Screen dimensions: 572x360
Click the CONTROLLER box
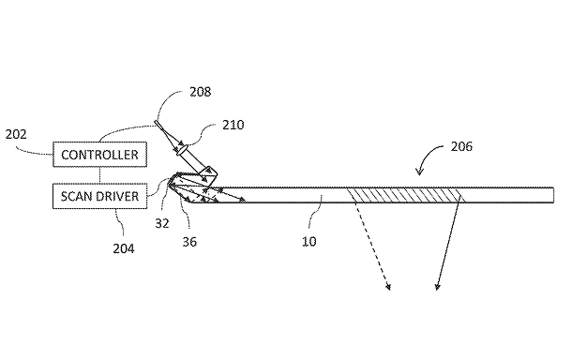point(100,155)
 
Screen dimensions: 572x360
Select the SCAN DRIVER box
point(100,196)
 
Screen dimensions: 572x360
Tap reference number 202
point(16,134)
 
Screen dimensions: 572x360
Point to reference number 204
point(124,248)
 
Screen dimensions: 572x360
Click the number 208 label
point(201,92)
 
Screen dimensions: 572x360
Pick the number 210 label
point(233,125)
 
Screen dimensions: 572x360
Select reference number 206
point(461,146)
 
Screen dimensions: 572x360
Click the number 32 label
point(162,223)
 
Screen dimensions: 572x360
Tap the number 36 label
point(189,242)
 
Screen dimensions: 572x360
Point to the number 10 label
point(309,241)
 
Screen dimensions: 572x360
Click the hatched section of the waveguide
point(406,195)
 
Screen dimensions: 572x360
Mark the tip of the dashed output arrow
point(390,290)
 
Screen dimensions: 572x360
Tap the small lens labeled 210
point(182,150)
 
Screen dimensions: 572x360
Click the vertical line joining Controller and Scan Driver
point(100,175)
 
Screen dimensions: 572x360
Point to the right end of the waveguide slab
point(553,195)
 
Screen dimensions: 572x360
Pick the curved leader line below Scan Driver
point(120,221)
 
